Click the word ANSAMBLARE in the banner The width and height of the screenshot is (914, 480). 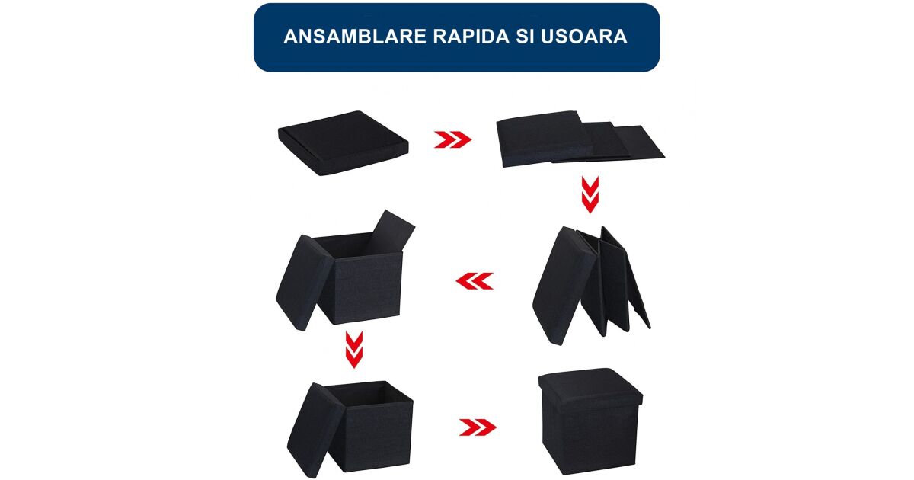tap(355, 37)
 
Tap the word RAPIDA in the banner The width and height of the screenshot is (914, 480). tap(471, 37)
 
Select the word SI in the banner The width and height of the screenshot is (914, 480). tap(525, 37)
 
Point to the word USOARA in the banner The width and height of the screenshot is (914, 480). tap(584, 37)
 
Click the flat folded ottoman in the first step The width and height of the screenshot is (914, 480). tap(343, 143)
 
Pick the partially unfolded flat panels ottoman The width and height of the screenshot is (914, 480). tap(580, 139)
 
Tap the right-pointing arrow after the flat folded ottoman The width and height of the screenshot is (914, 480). tap(452, 139)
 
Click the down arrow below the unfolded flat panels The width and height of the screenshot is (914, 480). tap(590, 194)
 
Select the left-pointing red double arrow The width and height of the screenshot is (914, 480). tap(474, 281)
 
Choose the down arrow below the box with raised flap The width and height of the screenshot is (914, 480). tap(353, 350)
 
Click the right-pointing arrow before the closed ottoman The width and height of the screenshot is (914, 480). tap(478, 427)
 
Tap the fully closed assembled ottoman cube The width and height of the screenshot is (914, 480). tap(590, 421)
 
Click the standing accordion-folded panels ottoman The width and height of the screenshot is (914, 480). tap(591, 286)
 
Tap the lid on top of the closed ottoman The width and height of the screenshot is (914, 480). tap(590, 387)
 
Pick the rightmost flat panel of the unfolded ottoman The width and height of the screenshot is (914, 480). tap(638, 142)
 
